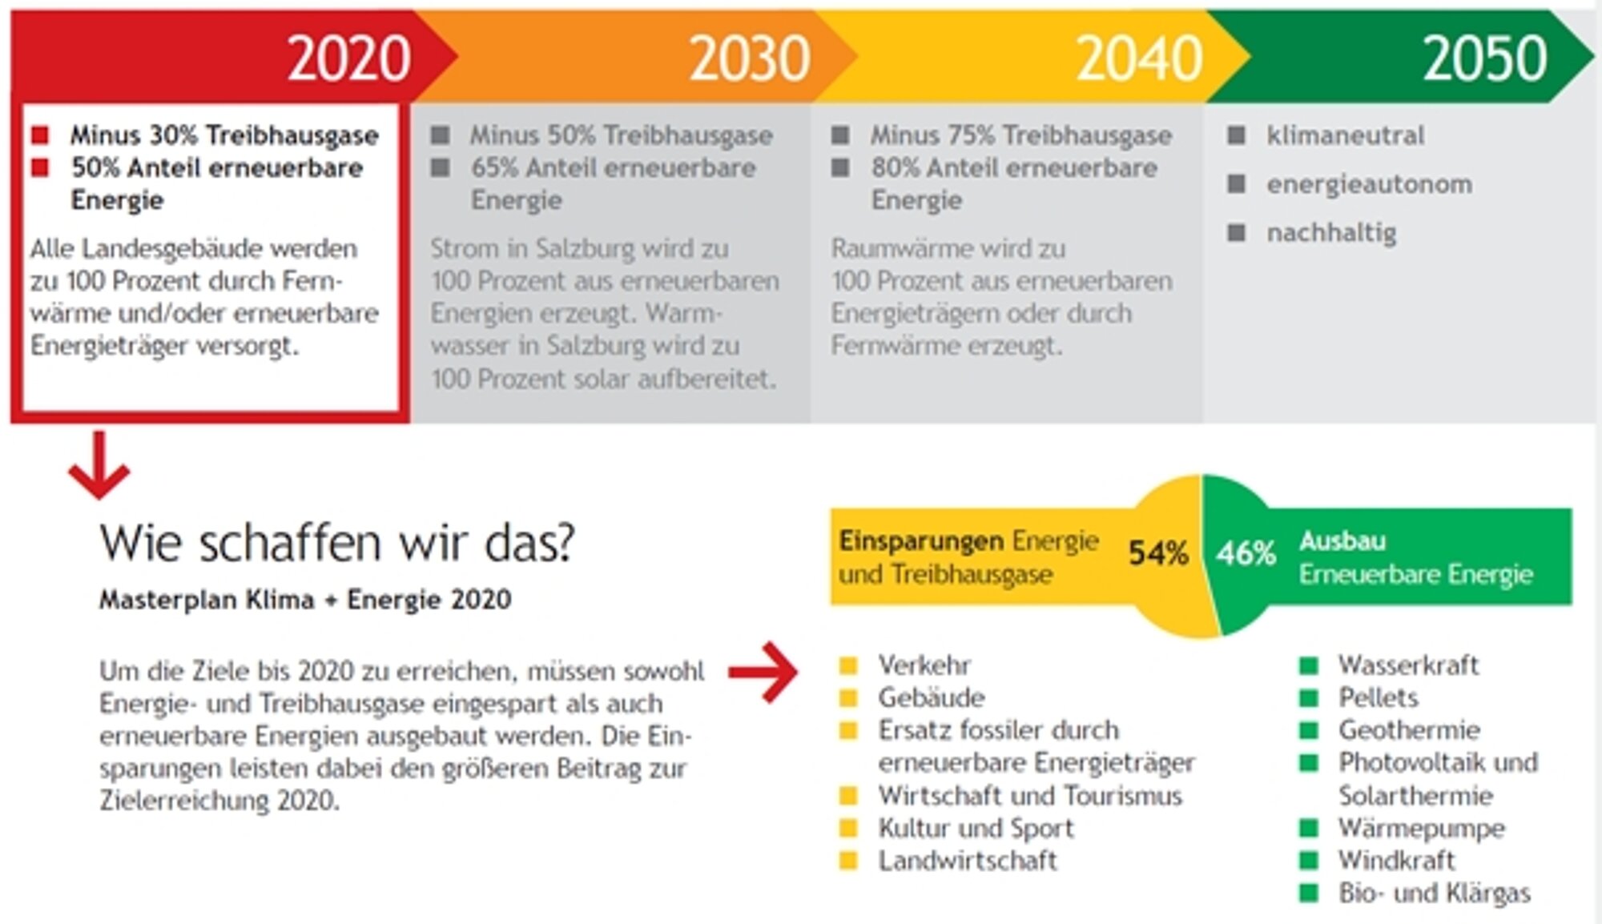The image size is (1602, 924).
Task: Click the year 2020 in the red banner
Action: [349, 58]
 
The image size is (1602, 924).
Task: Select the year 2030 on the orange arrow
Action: [750, 58]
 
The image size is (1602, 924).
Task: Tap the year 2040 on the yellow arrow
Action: [1139, 58]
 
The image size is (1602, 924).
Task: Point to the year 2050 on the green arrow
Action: [1484, 58]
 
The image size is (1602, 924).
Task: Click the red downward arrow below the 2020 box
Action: [99, 464]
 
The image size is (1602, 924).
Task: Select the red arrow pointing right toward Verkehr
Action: [763, 672]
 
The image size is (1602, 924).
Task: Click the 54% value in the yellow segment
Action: [1157, 552]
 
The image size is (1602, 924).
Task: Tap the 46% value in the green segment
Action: [1246, 552]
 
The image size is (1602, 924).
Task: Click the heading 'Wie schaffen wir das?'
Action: [337, 543]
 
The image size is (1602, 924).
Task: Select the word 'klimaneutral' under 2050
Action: [1345, 135]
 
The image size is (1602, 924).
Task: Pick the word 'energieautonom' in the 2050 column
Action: [1369, 184]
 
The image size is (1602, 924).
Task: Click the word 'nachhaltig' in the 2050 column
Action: [1331, 233]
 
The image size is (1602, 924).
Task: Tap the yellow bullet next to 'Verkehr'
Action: [848, 665]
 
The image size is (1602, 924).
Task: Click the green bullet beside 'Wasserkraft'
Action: [1308, 665]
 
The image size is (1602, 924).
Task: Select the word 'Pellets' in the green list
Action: [1378, 697]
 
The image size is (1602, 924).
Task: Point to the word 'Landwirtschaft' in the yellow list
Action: [968, 861]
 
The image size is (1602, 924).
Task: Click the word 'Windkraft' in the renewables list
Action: [1396, 861]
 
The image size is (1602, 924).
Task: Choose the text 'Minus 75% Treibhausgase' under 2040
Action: [1021, 135]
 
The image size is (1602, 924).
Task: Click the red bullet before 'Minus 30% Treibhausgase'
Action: [40, 135]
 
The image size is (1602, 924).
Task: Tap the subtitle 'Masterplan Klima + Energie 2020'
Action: [305, 600]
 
